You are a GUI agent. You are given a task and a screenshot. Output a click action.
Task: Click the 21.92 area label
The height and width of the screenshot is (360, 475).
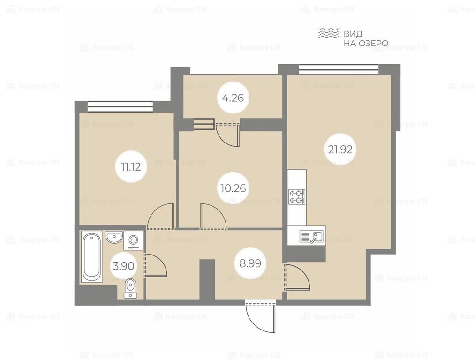click(340, 149)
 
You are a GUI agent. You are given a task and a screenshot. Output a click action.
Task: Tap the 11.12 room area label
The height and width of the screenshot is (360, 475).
click(131, 166)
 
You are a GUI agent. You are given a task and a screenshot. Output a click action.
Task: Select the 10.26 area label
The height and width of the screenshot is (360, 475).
click(233, 188)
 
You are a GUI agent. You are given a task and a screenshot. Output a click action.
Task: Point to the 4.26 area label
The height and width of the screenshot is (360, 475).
click(233, 98)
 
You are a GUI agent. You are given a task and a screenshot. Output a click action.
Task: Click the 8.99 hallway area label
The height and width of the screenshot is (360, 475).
click(250, 263)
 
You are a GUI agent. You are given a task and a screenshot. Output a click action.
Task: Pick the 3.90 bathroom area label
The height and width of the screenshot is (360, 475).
click(123, 266)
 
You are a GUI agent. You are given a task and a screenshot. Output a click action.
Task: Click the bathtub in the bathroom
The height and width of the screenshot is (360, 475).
click(91, 257)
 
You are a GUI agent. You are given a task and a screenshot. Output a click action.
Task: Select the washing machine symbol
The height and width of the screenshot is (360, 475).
click(133, 240)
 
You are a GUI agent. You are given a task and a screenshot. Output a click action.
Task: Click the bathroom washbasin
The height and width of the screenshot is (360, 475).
click(114, 237)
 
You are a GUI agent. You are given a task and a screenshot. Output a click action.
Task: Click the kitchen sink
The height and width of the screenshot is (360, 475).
click(311, 236)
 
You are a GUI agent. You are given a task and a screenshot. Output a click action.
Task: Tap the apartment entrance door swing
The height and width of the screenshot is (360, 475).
click(261, 316)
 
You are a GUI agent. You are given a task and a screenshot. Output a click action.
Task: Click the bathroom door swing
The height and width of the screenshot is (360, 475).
click(156, 265)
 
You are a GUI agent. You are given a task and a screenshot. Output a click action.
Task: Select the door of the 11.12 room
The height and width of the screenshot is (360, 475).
click(160, 216)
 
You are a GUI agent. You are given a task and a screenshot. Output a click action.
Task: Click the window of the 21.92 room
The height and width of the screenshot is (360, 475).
click(339, 69)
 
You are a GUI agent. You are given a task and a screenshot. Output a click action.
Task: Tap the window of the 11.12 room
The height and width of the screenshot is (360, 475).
click(120, 106)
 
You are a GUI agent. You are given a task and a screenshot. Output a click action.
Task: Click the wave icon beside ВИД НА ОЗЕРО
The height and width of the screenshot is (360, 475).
click(328, 33)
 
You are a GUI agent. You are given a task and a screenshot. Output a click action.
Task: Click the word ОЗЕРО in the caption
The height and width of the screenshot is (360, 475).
click(373, 43)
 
